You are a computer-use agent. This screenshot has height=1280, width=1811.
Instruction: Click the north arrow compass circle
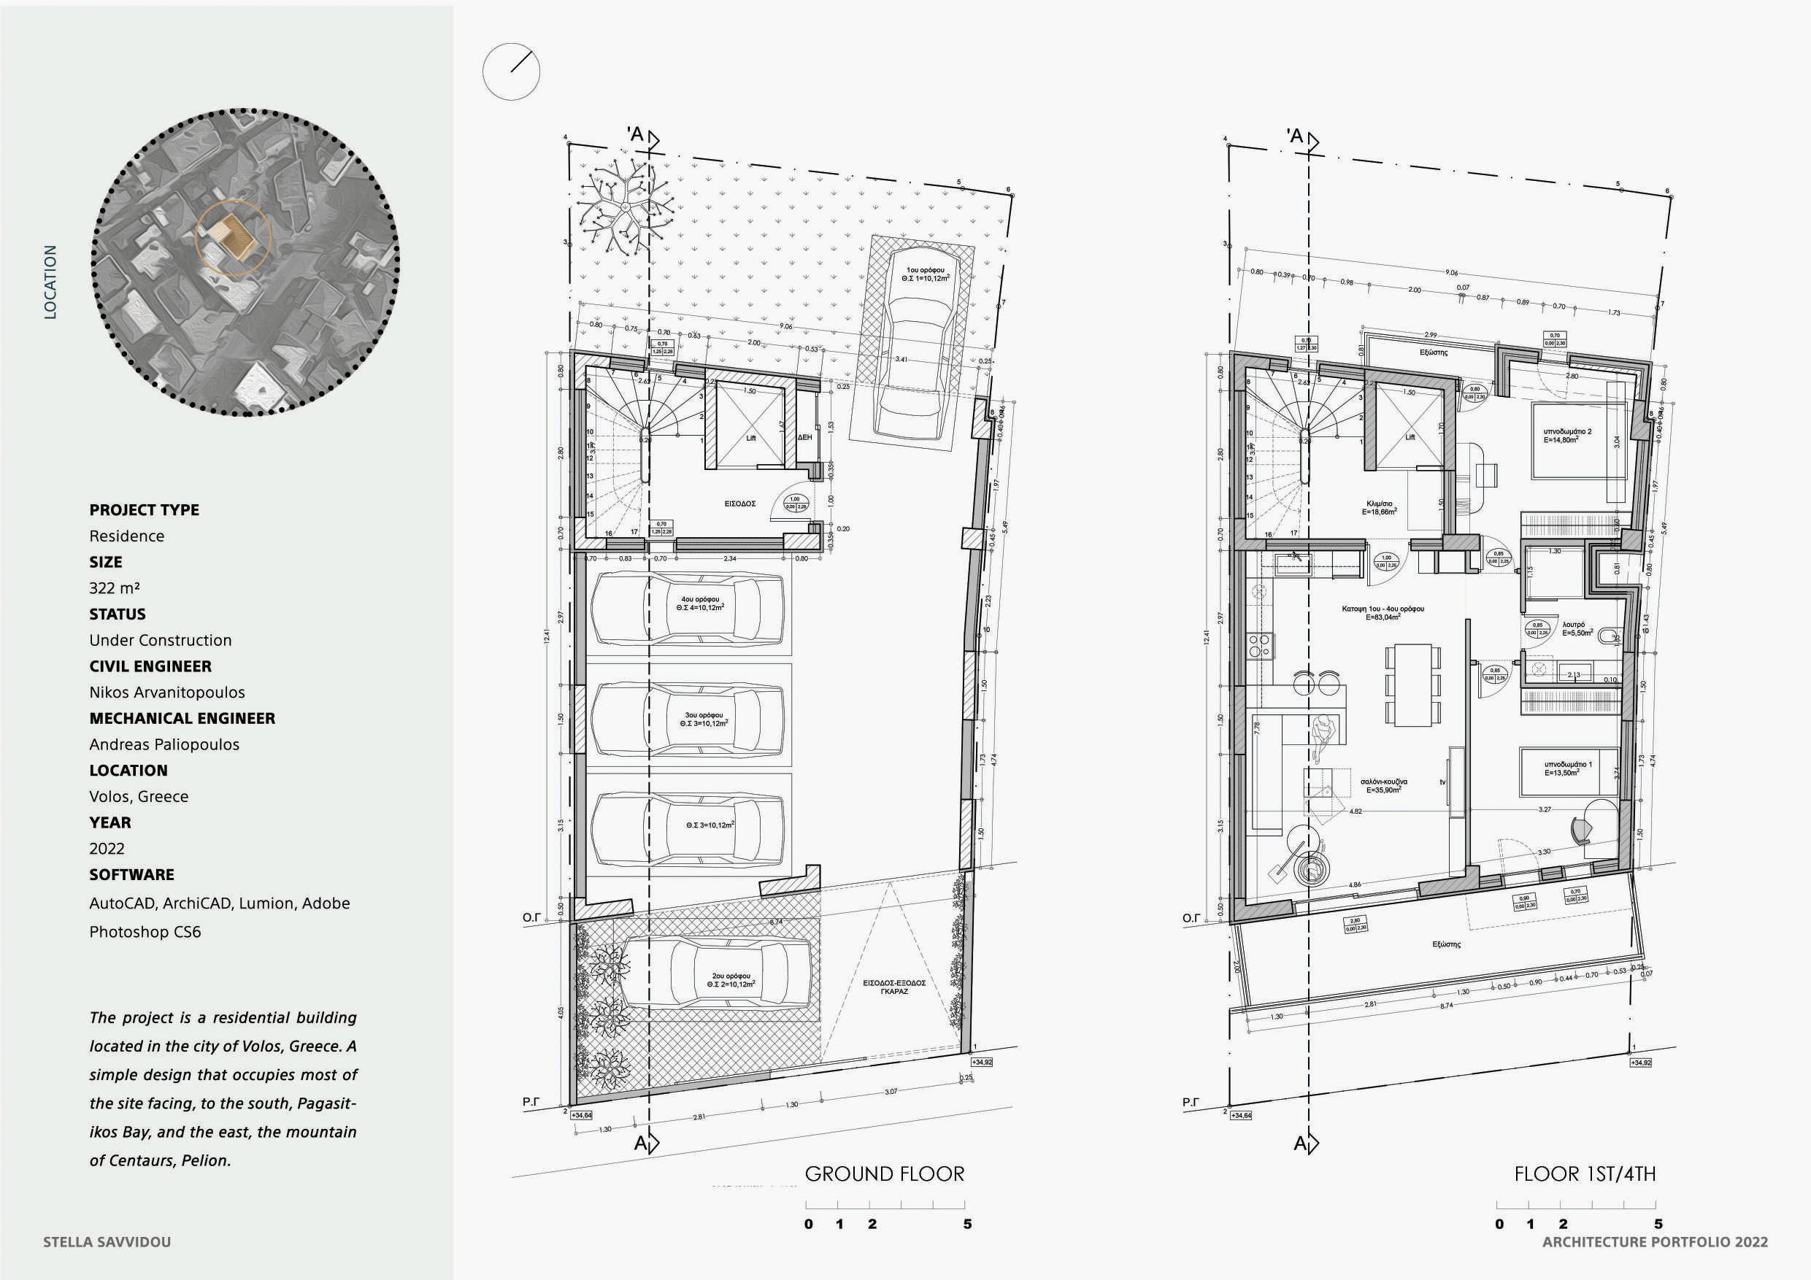coord(511,72)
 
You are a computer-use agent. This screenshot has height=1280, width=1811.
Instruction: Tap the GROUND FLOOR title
coord(884,1174)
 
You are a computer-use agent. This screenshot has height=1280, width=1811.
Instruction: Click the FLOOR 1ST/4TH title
coord(1585,1174)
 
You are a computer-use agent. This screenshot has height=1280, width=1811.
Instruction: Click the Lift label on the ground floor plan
coord(751,438)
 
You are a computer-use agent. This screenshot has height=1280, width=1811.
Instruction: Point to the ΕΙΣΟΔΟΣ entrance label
coord(741,503)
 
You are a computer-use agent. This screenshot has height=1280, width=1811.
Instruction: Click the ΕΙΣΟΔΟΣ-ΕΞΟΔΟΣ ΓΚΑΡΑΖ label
coord(893,987)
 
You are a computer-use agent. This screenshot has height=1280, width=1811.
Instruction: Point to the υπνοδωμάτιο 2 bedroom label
coord(1567,436)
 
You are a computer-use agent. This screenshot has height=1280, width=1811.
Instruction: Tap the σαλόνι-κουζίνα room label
coord(1383,785)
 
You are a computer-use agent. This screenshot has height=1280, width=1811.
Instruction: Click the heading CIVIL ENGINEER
coord(150,666)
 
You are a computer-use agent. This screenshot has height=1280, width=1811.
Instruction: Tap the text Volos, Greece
coord(139,797)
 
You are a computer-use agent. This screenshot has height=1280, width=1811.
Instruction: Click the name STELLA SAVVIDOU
coord(107,1242)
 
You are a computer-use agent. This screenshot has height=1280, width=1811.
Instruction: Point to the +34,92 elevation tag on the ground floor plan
coord(981,1063)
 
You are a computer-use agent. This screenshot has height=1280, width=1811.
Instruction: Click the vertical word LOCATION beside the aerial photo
coord(50,282)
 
